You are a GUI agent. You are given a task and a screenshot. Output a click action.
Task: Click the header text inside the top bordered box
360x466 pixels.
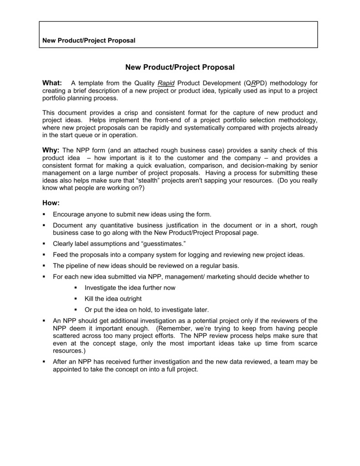tap(89, 41)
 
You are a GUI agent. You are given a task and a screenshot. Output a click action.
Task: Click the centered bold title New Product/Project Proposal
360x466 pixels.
tap(179, 67)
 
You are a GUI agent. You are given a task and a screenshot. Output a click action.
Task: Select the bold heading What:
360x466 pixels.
tap(52, 83)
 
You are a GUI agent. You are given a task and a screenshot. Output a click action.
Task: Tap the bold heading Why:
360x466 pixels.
tap(51, 150)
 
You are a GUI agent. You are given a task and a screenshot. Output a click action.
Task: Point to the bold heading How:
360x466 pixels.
tap(51, 202)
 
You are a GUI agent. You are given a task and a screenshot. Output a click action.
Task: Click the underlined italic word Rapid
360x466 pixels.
tap(166, 83)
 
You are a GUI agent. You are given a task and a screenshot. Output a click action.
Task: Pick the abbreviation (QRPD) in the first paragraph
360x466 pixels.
tap(256, 83)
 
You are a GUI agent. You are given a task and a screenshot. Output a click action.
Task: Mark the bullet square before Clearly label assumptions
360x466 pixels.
tap(44, 243)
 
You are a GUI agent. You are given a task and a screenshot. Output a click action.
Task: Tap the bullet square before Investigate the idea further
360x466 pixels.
tap(76, 288)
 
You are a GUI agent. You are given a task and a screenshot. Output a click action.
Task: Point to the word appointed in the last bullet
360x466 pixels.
tap(68, 370)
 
